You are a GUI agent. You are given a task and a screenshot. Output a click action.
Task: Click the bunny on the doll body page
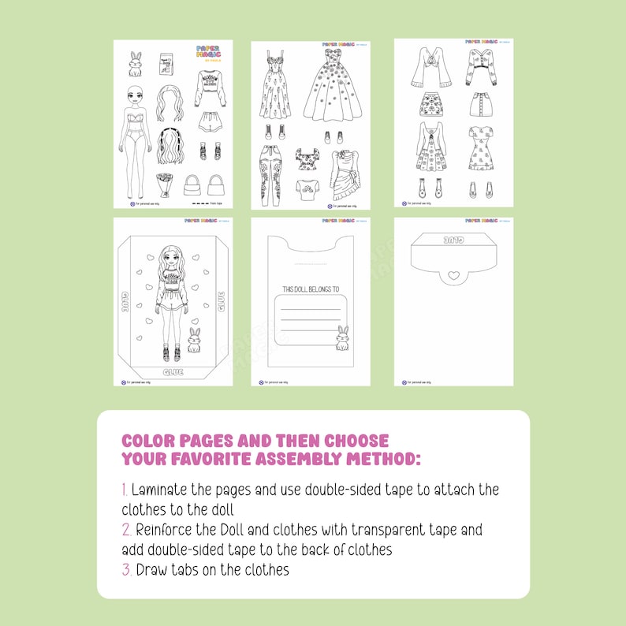click(x=136, y=62)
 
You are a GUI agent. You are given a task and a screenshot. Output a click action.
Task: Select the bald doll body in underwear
click(x=135, y=126)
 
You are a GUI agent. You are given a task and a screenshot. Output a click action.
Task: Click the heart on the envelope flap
click(x=452, y=276)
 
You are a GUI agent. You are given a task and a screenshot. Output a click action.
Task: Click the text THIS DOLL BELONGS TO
click(x=310, y=289)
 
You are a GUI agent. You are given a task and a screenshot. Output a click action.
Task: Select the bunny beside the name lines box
click(x=342, y=338)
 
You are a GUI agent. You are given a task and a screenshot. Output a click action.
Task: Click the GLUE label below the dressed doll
click(x=173, y=372)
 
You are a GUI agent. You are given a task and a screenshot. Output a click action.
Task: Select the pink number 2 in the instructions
click(x=125, y=529)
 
